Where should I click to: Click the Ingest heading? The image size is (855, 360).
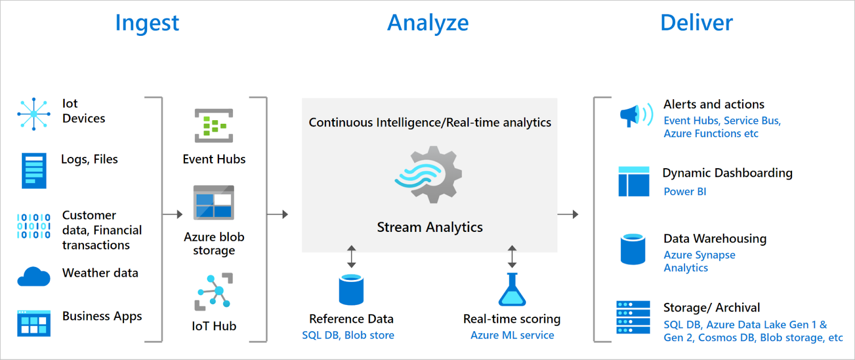click(147, 23)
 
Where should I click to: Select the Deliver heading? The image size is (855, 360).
click(696, 23)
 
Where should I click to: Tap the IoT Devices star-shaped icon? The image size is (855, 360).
click(34, 114)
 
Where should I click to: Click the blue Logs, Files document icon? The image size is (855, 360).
click(34, 171)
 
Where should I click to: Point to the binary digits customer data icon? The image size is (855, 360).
click(34, 226)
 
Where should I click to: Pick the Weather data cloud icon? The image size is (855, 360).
click(34, 277)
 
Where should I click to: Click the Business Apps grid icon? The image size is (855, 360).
click(34, 323)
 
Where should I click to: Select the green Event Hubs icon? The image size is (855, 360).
click(214, 126)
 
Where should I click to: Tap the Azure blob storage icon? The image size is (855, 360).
click(214, 202)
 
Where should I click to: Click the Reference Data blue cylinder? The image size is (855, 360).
click(351, 289)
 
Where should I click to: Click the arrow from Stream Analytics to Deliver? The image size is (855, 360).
click(568, 214)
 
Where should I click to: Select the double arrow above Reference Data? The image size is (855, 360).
click(351, 257)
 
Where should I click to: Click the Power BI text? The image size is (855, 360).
click(685, 192)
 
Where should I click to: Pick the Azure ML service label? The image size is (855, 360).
click(512, 335)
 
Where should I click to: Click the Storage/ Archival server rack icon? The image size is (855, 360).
click(633, 317)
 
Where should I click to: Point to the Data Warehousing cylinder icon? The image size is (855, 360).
click(633, 249)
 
